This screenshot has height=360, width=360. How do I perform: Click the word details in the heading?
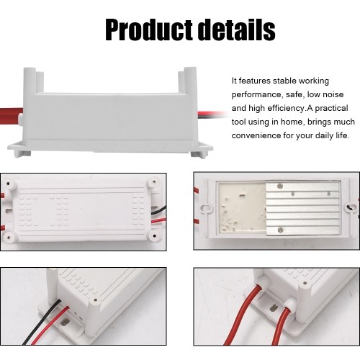click(x=238, y=30)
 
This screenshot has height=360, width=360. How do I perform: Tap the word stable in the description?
click(x=284, y=81)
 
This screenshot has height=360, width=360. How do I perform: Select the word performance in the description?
click(x=256, y=95)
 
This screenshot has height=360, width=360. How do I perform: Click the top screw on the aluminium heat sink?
click(x=279, y=186)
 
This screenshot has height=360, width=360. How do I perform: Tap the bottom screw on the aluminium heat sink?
click(x=280, y=230)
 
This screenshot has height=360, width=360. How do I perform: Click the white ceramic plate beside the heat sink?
click(x=242, y=207)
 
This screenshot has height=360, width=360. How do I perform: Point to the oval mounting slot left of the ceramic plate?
click(x=206, y=208)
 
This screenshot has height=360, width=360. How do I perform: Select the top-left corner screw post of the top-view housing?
click(x=9, y=184)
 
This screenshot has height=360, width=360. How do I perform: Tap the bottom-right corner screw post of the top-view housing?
click(x=154, y=235)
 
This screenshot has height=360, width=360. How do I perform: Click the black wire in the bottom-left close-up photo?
click(x=42, y=322)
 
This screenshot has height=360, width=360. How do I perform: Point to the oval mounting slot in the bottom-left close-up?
click(x=64, y=322)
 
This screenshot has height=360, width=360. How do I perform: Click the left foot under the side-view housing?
click(x=23, y=153)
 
